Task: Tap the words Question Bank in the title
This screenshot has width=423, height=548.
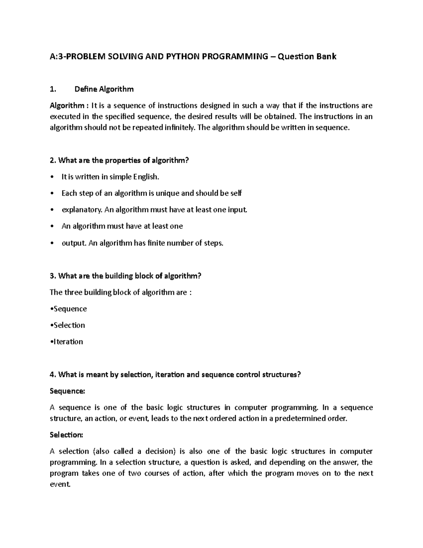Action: point(307,56)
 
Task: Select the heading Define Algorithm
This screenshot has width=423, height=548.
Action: point(104,89)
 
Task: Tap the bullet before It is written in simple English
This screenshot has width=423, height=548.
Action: point(52,177)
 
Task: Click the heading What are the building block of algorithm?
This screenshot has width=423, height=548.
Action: point(125,276)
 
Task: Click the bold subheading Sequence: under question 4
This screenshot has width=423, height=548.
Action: point(67,391)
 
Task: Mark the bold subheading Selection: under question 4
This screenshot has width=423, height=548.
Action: point(66,435)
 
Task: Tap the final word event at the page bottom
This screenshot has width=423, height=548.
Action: point(60,484)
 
